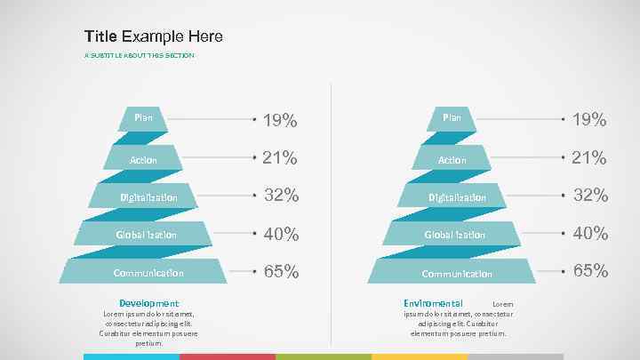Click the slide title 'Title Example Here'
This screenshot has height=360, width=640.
(x=154, y=36)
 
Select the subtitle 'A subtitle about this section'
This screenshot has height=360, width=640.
(x=139, y=56)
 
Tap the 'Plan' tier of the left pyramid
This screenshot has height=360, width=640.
(x=143, y=117)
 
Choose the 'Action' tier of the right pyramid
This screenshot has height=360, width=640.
(x=452, y=159)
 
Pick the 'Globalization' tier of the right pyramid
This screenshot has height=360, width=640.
(x=454, y=234)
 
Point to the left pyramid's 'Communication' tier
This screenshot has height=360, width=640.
(x=148, y=272)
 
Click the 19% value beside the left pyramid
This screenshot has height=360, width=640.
(x=280, y=120)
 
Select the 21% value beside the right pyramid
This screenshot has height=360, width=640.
(x=589, y=158)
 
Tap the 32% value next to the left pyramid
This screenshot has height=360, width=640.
(x=280, y=196)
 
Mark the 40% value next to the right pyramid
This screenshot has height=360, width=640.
(x=589, y=234)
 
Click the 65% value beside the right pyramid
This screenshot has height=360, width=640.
(x=589, y=271)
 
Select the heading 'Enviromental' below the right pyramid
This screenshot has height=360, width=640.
(x=433, y=303)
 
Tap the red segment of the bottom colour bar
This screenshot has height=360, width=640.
(x=228, y=356)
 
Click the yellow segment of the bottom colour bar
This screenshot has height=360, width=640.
(x=420, y=356)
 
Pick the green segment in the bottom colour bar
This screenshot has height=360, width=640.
(x=324, y=356)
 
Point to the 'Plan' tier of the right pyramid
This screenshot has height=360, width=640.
(x=452, y=117)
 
